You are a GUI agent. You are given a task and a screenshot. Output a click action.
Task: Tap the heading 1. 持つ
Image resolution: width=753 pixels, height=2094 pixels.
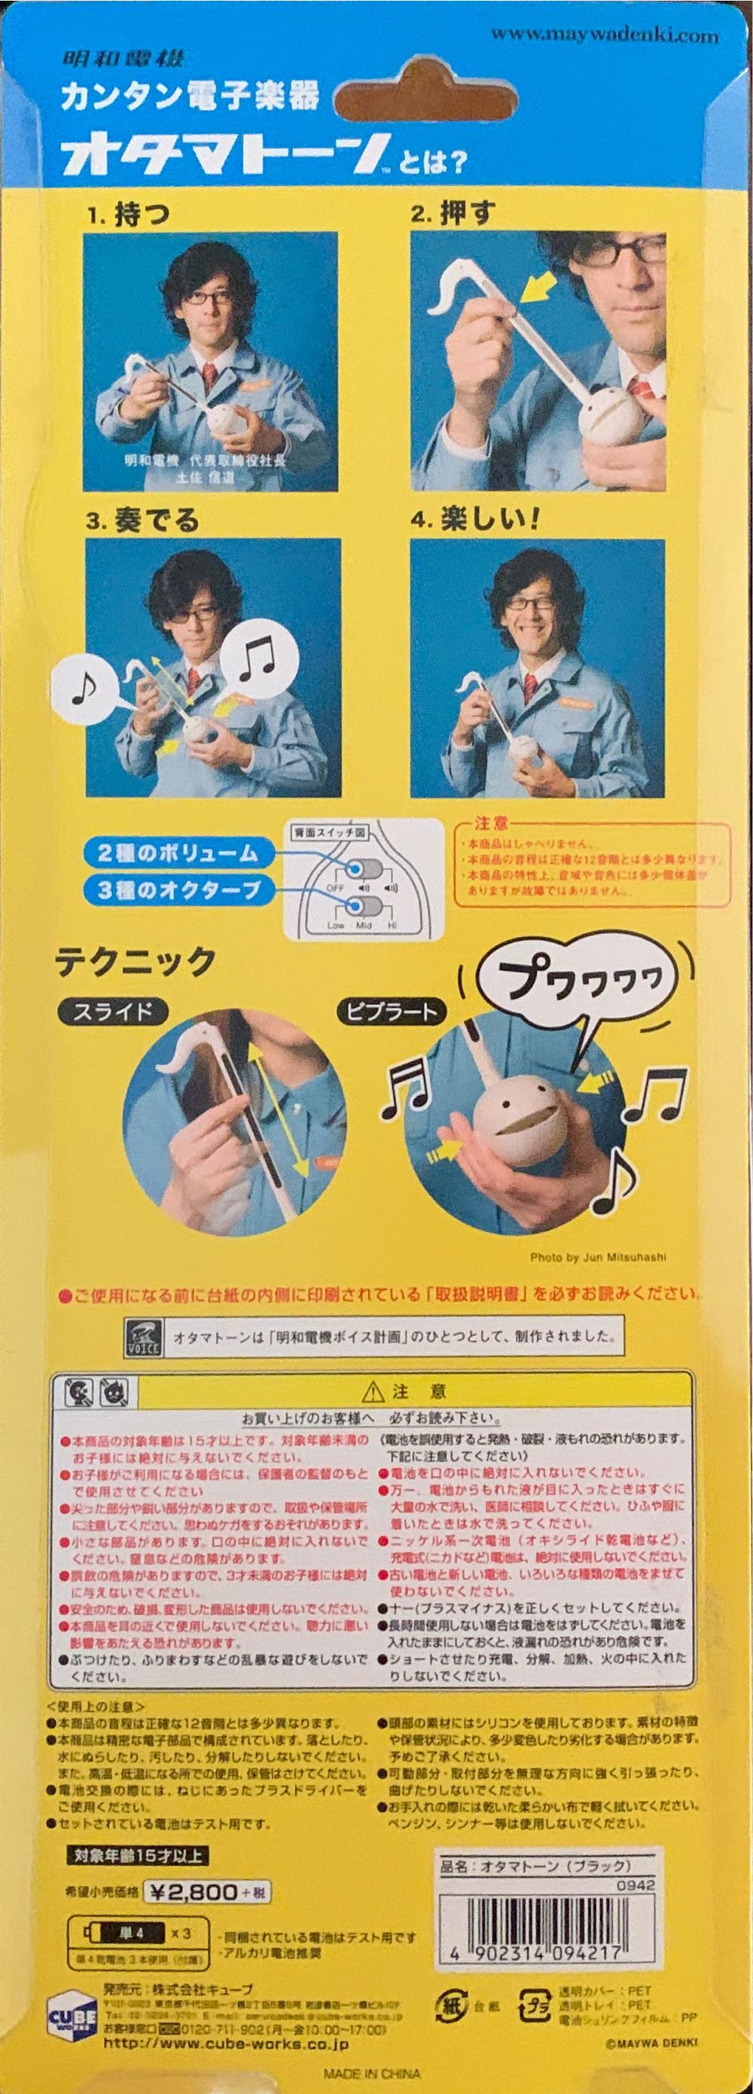(x=130, y=215)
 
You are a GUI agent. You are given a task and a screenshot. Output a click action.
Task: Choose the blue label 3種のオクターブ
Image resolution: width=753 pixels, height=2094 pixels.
(x=179, y=890)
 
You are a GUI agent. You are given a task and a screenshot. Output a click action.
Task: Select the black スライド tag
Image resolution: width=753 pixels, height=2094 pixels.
(x=113, y=1012)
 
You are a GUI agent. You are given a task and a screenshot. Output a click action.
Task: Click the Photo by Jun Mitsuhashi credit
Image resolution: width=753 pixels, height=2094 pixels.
(x=598, y=1258)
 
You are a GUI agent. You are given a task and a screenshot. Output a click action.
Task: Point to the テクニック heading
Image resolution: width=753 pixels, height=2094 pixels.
(x=136, y=962)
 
